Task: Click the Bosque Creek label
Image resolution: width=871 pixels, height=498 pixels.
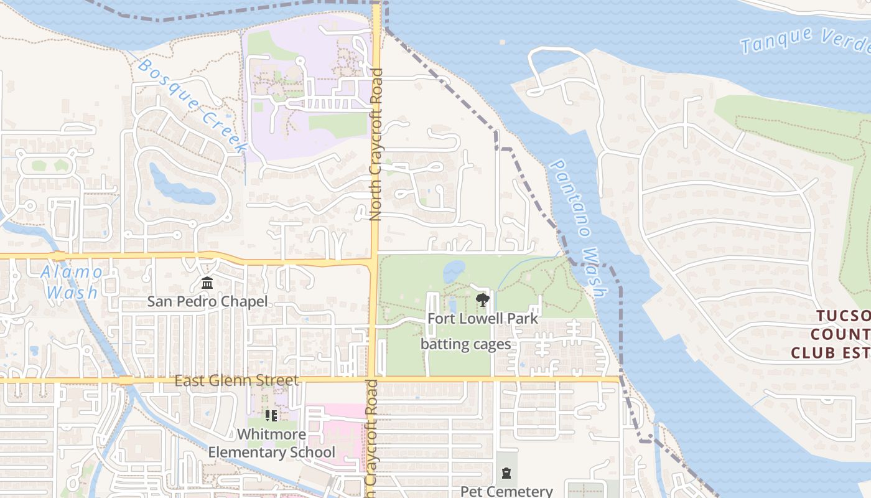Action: coord(192,105)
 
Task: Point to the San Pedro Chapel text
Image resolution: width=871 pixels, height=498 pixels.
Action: coord(207,302)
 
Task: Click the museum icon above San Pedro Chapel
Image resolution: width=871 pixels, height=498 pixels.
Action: coord(207,284)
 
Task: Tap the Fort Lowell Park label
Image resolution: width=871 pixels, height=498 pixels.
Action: coord(482,318)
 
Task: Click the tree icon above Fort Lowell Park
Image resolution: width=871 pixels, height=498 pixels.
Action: coord(482,301)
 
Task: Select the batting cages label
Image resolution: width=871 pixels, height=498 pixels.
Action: coord(465,344)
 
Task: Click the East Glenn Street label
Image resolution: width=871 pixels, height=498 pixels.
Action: coord(236,380)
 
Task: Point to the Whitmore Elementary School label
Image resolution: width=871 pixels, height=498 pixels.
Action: coord(272,443)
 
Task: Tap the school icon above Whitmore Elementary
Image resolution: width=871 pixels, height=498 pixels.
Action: coord(271,415)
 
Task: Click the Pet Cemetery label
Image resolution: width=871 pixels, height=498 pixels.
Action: coord(506,491)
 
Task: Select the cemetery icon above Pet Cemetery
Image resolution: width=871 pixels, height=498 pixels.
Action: coord(506,473)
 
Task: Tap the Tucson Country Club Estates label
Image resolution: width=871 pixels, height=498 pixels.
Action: coord(831,334)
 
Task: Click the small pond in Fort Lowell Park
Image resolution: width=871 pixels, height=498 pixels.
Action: coord(454,271)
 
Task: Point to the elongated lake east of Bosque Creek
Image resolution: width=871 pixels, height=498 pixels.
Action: coord(180,187)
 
